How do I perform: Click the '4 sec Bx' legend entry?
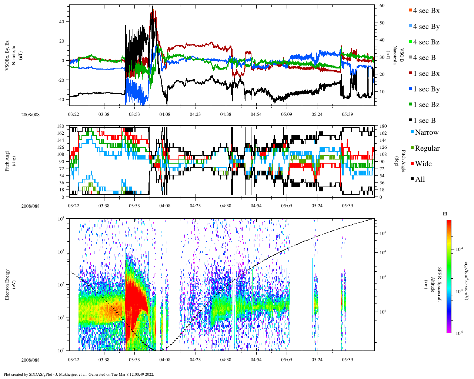click(426, 11)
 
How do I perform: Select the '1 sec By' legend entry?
click(426, 89)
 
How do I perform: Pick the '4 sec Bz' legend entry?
click(426, 42)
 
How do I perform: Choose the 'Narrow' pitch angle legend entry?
click(426, 133)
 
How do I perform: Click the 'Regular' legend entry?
click(427, 148)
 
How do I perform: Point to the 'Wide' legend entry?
click(423, 164)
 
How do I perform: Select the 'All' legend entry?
click(420, 180)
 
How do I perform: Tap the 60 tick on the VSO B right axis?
click(382, 6)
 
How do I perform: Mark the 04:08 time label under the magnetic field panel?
click(165, 114)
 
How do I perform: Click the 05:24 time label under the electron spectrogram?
click(317, 360)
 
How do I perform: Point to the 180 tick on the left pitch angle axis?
click(61, 126)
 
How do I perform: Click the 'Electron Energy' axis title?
click(7, 285)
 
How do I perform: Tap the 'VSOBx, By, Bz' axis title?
click(7, 56)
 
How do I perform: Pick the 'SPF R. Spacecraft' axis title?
click(440, 285)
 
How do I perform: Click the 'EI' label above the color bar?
click(445, 214)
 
